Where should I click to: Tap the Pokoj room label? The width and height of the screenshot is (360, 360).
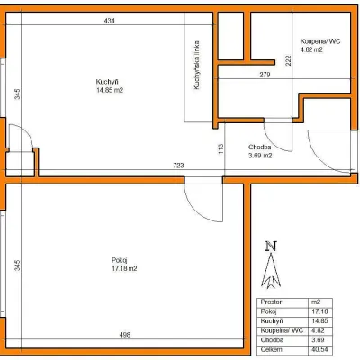pyautogui.click(x=120, y=260)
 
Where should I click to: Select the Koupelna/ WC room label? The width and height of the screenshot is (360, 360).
pyautogui.click(x=320, y=41)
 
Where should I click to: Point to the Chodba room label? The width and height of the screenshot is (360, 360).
pyautogui.click(x=260, y=148)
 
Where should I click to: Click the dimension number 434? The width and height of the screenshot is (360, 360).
pyautogui.click(x=109, y=21)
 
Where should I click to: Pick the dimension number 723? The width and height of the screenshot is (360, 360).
pyautogui.click(x=178, y=166)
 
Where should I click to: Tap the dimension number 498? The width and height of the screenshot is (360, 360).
pyautogui.click(x=125, y=335)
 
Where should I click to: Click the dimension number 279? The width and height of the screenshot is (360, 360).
pyautogui.click(x=265, y=75)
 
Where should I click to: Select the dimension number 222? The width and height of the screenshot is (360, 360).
pyautogui.click(x=288, y=61)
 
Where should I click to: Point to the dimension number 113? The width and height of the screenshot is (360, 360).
pyautogui.click(x=221, y=149)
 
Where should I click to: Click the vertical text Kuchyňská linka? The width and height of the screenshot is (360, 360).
pyautogui.click(x=196, y=65)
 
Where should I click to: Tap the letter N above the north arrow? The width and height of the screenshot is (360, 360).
pyautogui.click(x=271, y=247)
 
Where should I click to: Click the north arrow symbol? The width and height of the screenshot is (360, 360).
pyautogui.click(x=271, y=271)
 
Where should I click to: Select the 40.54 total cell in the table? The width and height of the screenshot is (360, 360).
pyautogui.click(x=319, y=349)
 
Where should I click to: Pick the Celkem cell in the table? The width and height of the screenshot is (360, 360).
pyautogui.click(x=272, y=349)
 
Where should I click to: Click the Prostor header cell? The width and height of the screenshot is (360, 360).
pyautogui.click(x=272, y=301)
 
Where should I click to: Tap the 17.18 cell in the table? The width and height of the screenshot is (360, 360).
pyautogui.click(x=319, y=311)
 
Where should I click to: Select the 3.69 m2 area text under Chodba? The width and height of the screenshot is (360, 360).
pyautogui.click(x=260, y=156)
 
